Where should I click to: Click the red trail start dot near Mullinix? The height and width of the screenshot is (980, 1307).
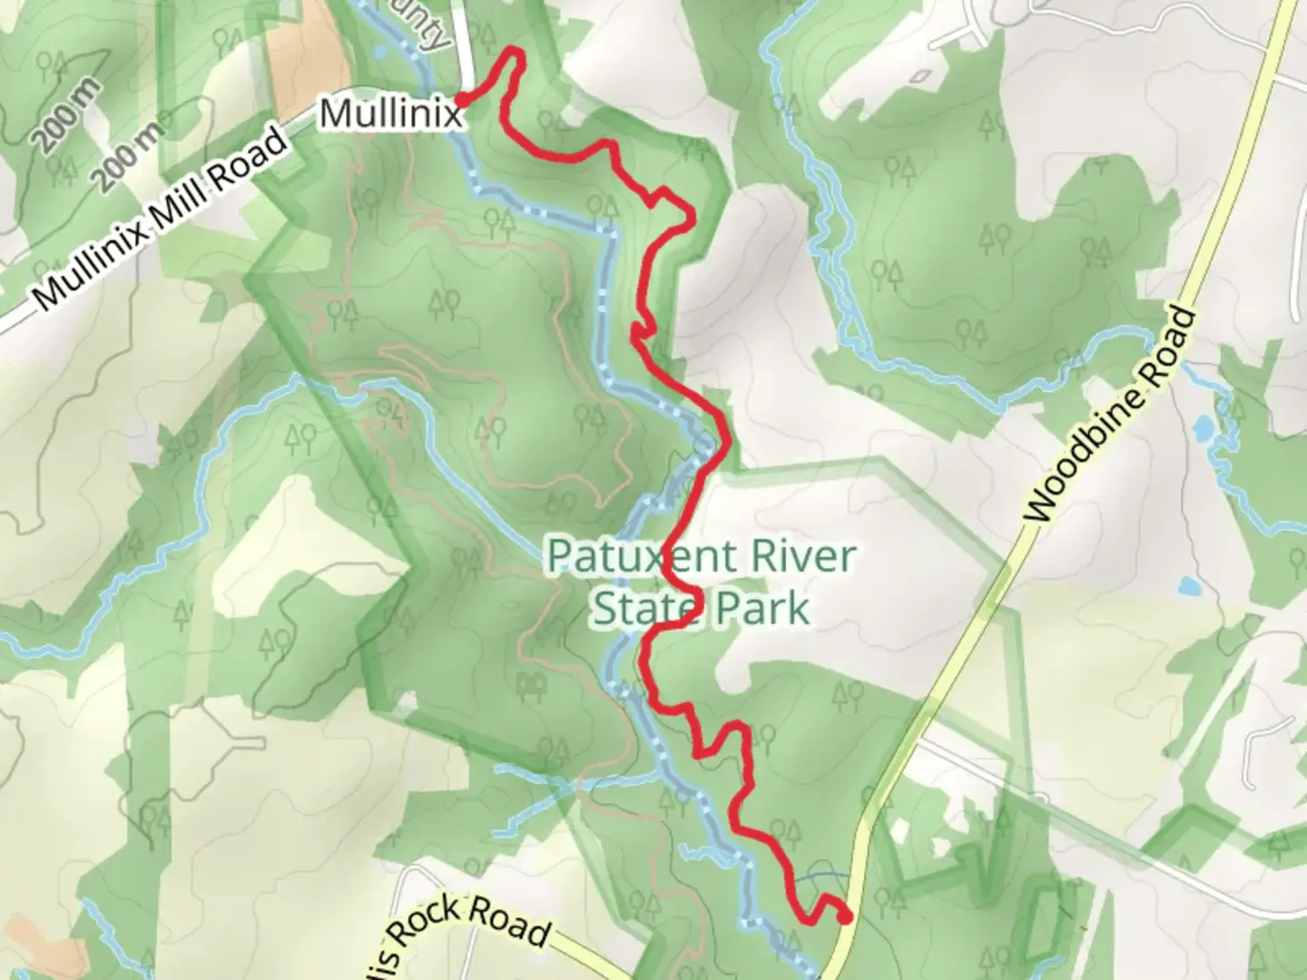pyautogui.click(x=461, y=100)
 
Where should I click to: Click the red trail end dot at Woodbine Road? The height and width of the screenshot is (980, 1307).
pyautogui.click(x=845, y=917)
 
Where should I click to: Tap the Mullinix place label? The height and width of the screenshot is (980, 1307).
pyautogui.click(x=389, y=115)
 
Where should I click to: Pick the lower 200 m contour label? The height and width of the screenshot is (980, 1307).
pyautogui.click(x=133, y=152)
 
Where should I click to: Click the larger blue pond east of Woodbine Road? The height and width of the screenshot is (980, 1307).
pyautogui.click(x=1204, y=427)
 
